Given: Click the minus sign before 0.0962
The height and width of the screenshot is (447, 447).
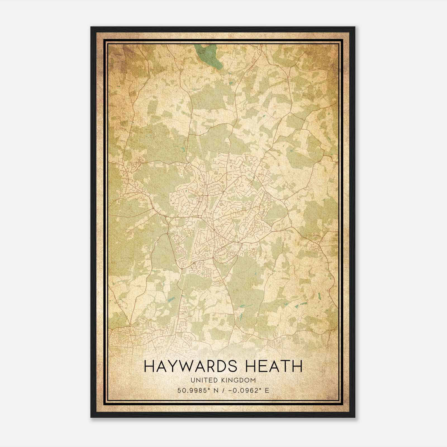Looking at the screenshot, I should tap(230, 391).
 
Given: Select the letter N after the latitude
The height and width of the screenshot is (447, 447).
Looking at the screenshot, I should tap(215, 391).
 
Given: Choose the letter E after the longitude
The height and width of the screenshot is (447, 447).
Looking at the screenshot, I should tap(267, 391).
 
